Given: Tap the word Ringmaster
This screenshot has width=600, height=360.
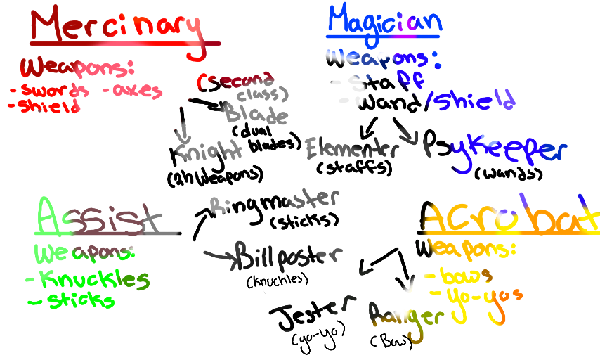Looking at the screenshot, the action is point(275,201).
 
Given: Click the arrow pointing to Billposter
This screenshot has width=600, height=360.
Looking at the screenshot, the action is point(219,256).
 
